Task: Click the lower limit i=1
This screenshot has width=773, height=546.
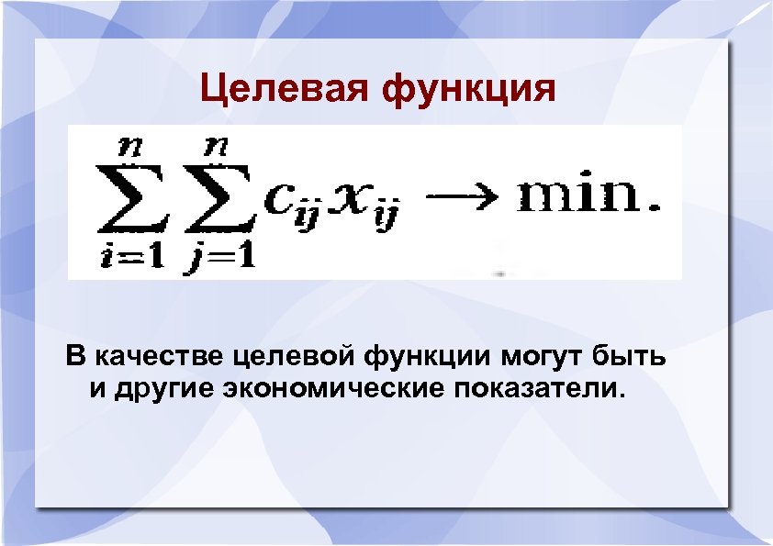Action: (x=132, y=258)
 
